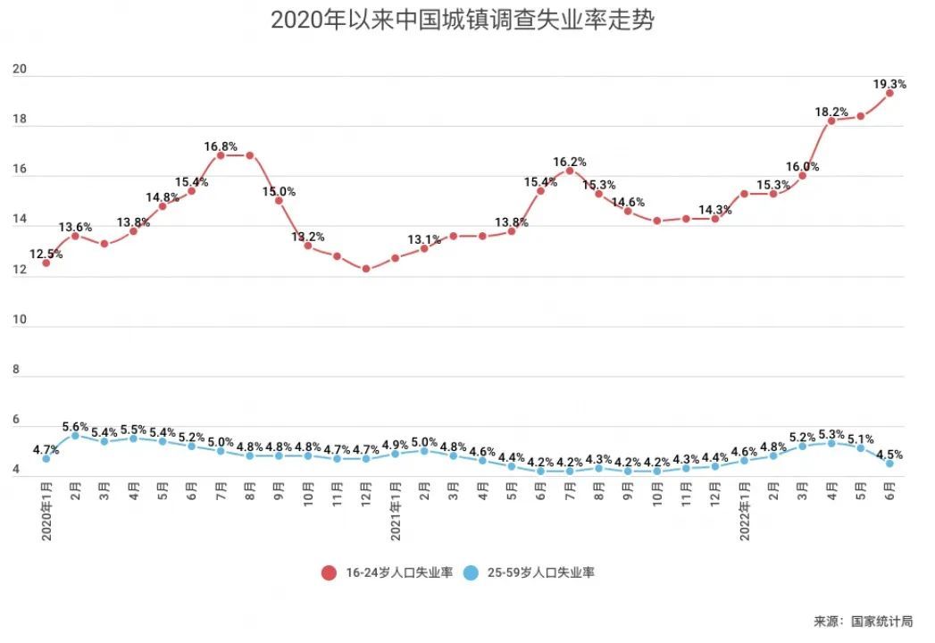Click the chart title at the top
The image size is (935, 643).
(462, 20)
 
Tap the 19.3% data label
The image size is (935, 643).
(889, 84)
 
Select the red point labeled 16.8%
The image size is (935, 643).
(221, 155)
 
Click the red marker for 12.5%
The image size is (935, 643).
(46, 263)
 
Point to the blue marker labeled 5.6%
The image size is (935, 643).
(75, 436)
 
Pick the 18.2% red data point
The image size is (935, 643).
(831, 121)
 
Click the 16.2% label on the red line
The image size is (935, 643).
(570, 162)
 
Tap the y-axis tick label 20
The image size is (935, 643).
(19, 71)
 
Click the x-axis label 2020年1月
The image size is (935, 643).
(46, 511)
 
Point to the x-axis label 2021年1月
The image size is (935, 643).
(396, 511)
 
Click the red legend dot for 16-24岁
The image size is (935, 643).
(329, 572)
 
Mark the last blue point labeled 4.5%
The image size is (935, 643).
(889, 463)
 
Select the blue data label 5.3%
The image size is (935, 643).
(831, 434)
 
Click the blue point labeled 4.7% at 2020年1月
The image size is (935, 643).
(46, 458)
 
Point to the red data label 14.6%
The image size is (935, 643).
(628, 203)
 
